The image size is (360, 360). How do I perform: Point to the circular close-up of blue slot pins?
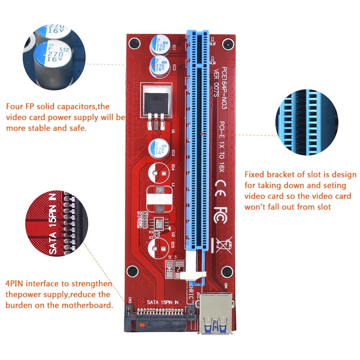306,122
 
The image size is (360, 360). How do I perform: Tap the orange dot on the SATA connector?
142,324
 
